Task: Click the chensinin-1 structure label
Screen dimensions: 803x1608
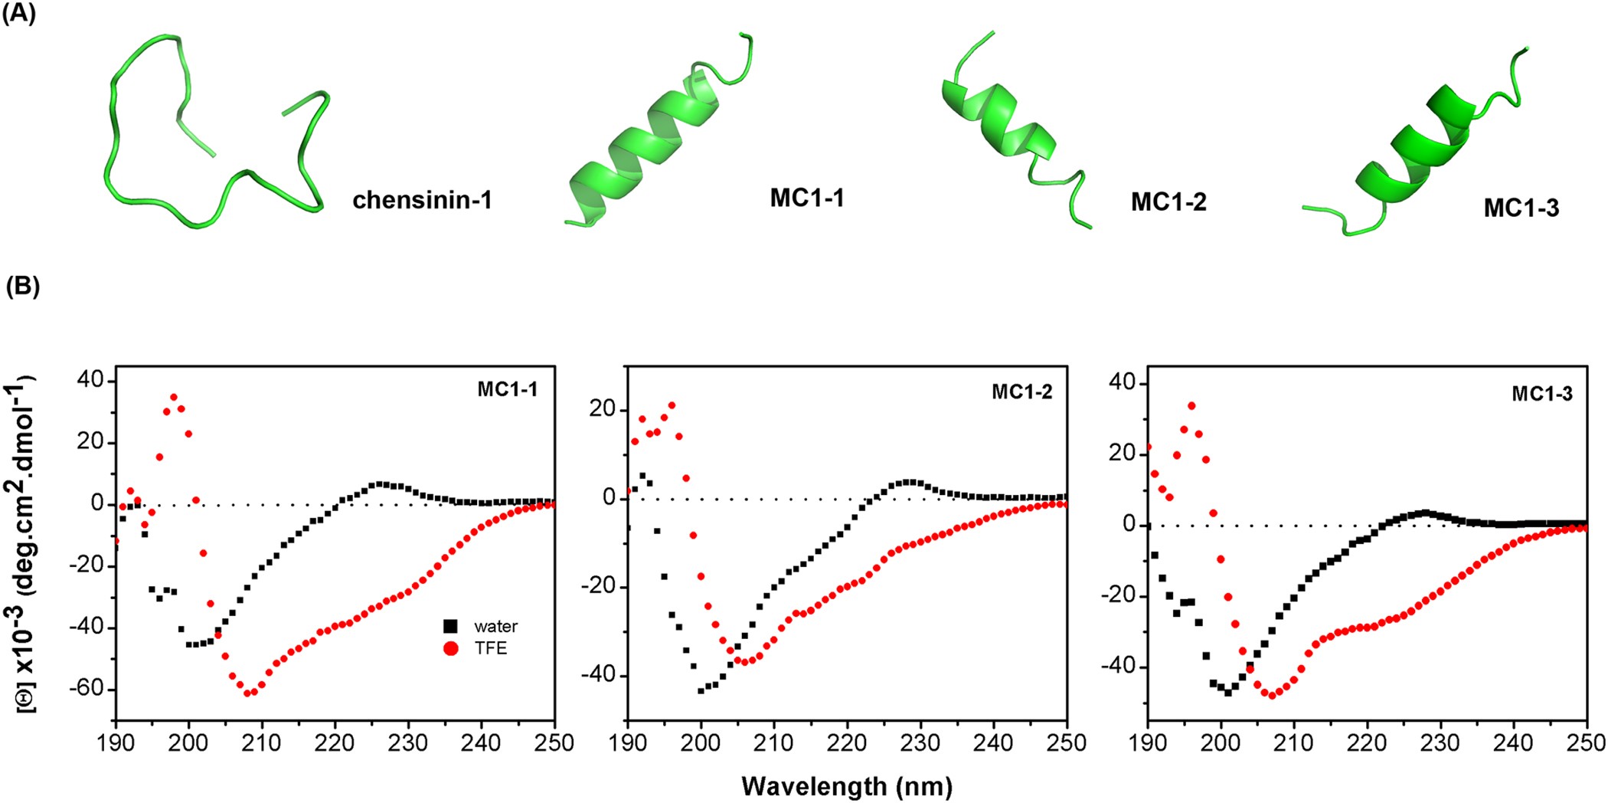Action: [422, 201]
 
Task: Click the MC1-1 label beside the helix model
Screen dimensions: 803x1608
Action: [807, 198]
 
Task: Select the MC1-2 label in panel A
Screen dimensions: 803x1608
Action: [1168, 202]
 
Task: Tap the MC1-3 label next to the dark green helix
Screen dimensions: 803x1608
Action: [1521, 208]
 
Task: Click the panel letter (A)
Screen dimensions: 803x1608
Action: [19, 14]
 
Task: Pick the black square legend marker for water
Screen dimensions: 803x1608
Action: [450, 626]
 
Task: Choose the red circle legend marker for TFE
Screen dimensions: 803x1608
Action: [450, 648]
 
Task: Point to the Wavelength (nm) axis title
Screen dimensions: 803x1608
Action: [847, 786]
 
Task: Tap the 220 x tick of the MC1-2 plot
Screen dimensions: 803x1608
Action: [847, 742]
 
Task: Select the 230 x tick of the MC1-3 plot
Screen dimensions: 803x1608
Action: [1440, 742]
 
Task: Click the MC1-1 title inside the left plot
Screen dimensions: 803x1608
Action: [507, 389]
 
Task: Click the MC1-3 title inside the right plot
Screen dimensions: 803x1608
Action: [1541, 394]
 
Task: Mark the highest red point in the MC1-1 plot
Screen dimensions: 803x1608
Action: [174, 397]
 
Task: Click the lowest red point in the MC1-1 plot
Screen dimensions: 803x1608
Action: [247, 693]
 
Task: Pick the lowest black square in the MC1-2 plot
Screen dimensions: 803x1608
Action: [701, 690]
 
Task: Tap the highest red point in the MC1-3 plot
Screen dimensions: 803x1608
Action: [1191, 405]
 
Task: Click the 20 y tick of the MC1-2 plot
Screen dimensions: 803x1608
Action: [603, 409]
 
